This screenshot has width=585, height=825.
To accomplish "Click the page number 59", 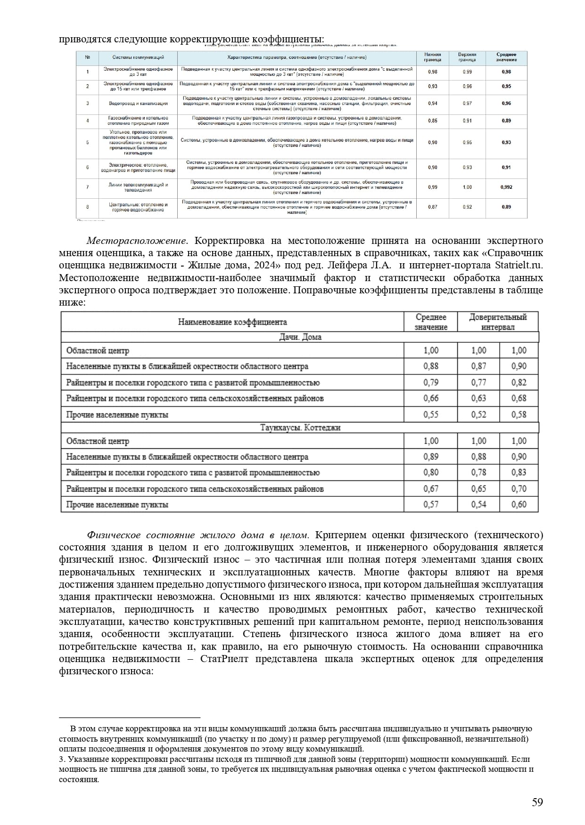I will (x=537, y=802).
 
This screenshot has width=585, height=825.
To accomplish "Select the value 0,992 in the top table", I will (x=506, y=187).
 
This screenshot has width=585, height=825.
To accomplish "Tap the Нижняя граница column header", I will (x=432, y=57).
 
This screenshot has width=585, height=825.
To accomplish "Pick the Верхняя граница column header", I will (x=467, y=57).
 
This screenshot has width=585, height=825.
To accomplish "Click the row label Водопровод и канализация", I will (x=138, y=104).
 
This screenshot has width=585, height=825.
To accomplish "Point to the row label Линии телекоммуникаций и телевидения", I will (x=138, y=187).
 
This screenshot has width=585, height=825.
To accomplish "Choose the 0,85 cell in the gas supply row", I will (x=432, y=121).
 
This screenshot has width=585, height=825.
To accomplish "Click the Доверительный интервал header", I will (x=497, y=322).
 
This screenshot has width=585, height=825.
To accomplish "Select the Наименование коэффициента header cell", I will (x=232, y=322).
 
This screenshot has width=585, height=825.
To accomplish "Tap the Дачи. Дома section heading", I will (x=300, y=337).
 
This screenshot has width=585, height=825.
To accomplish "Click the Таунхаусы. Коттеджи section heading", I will (x=300, y=428).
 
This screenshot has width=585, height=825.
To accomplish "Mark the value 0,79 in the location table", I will (x=430, y=382).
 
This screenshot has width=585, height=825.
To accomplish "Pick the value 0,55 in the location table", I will (x=430, y=414).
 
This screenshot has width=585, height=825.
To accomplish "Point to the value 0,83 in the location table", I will (x=519, y=472).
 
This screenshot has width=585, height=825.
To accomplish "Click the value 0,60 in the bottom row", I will (x=519, y=504).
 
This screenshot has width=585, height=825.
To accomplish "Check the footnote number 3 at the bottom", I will (x=61, y=760).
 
